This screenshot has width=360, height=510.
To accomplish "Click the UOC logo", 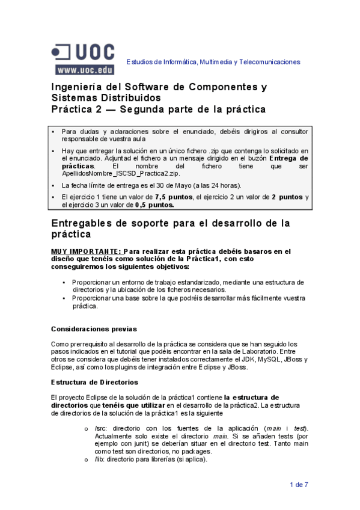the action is coord(82,52).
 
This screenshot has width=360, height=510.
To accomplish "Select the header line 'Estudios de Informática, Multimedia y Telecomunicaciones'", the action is coord(213,62).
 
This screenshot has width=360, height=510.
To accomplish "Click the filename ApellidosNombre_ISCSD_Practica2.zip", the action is coord(112,173).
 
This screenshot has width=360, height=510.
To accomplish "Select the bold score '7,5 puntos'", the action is coord(173,197).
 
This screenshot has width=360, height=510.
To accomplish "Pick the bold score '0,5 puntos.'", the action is coord(153,204).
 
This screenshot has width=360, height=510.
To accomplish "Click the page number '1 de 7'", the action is coord(299,484).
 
